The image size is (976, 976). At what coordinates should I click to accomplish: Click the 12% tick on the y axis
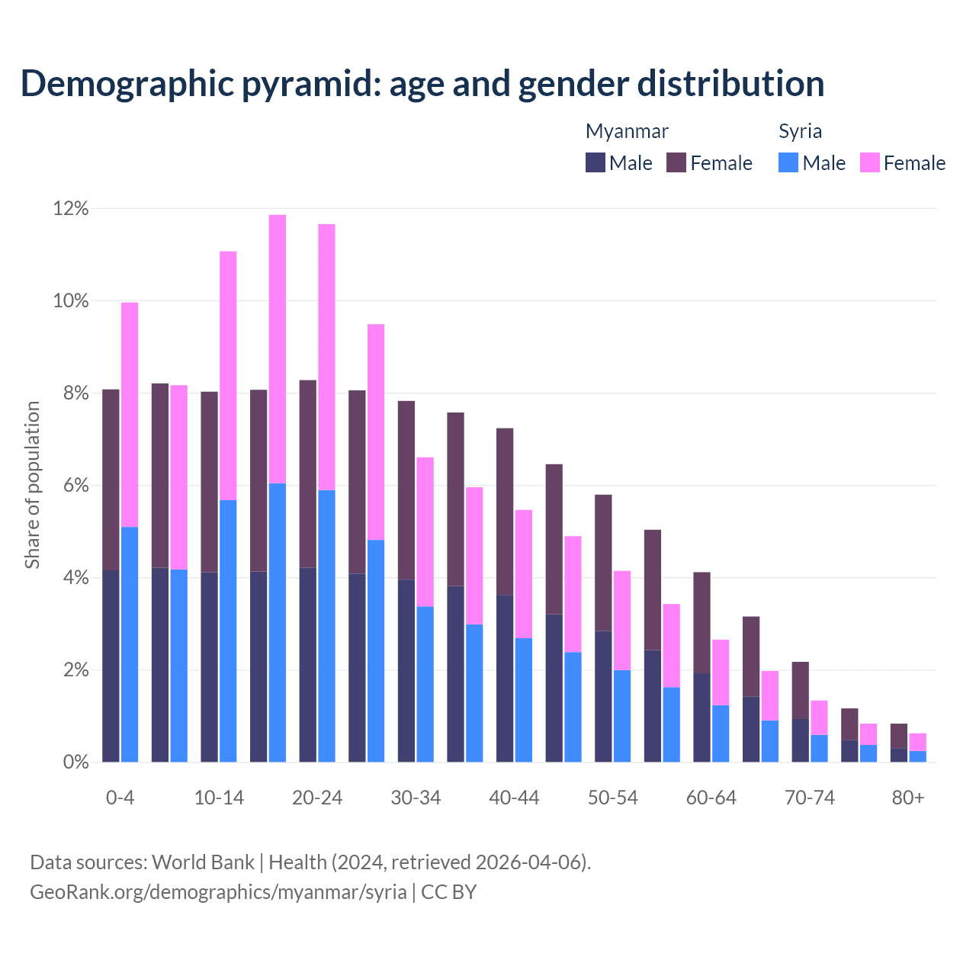coord(71,209)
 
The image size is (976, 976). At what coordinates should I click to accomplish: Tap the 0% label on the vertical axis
coord(75,762)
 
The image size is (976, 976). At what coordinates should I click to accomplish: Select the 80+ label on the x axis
coord(908,798)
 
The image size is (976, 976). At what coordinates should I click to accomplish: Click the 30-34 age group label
coord(416,798)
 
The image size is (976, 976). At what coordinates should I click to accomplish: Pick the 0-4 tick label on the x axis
coord(120,798)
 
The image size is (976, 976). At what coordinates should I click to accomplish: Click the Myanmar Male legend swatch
coord(596,162)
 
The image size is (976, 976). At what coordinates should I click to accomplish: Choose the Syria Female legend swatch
coord(870,162)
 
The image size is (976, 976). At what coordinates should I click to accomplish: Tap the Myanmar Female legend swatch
coord(676,162)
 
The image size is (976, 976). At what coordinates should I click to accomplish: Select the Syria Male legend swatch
coord(788,162)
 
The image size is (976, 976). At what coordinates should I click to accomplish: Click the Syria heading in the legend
coord(800,131)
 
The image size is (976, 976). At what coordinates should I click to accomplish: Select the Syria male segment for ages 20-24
coord(326,625)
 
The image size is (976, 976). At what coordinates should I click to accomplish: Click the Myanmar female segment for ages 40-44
coord(505,511)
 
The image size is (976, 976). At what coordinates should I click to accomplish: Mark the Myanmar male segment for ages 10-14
coord(210,666)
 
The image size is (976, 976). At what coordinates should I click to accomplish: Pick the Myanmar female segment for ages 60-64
coord(701,622)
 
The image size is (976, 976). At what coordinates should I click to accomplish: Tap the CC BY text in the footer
coord(449,892)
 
